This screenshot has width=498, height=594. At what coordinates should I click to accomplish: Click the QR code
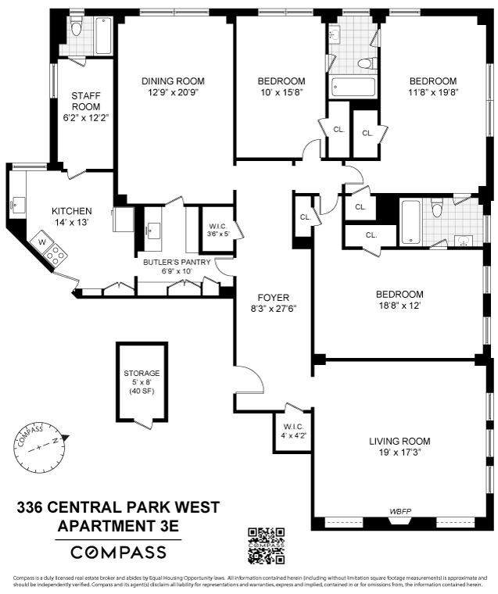tap(266, 546)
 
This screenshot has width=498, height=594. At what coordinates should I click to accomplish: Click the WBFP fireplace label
tap(402, 512)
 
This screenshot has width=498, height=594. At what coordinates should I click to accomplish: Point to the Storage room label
tap(142, 374)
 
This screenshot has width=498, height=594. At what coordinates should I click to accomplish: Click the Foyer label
tap(273, 297)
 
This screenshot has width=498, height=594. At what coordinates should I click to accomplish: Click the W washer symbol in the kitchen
tap(42, 242)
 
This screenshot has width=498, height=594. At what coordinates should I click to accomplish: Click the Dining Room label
tap(173, 81)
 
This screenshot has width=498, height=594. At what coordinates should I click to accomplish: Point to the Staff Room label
tap(86, 101)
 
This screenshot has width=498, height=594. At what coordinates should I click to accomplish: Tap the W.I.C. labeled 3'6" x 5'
tap(213, 227)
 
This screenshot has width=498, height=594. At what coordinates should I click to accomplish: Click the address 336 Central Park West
tap(118, 510)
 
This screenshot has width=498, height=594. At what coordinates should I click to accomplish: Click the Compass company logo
tap(118, 552)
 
